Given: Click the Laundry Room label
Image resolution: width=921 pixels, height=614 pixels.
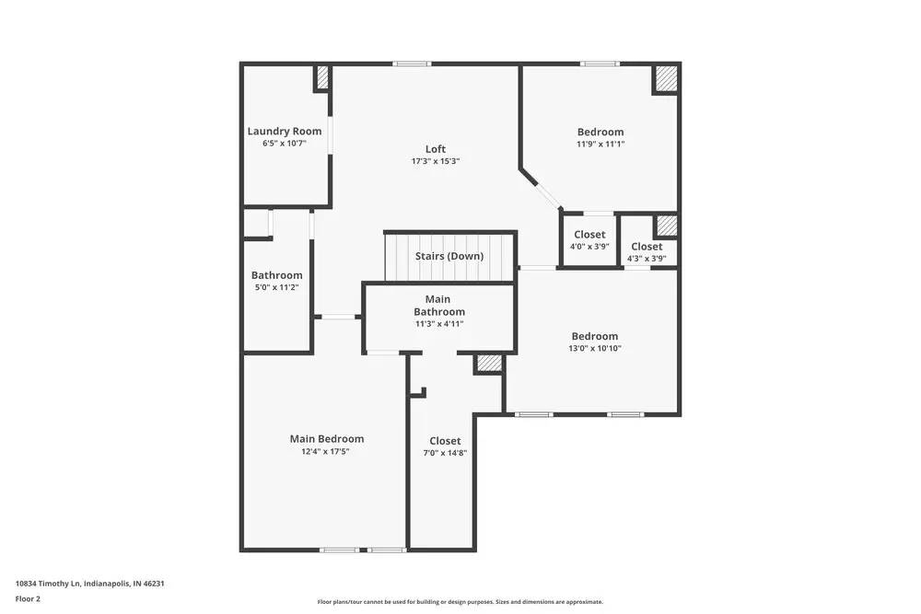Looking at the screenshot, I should [x=285, y=132].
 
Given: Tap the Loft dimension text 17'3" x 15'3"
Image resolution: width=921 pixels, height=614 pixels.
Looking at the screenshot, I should [x=436, y=161].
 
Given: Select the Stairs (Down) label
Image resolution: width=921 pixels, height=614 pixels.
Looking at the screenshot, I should [x=449, y=256].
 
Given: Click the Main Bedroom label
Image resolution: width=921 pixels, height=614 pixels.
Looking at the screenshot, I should [x=327, y=439].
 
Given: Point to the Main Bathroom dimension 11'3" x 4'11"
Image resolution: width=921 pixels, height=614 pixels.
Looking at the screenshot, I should [x=438, y=324].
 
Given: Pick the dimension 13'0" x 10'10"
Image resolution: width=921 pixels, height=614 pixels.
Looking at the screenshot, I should [x=595, y=348].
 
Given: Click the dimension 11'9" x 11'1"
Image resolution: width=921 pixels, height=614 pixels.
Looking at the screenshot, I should [x=600, y=144].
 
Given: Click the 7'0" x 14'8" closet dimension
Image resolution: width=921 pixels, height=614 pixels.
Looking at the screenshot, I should [x=445, y=452].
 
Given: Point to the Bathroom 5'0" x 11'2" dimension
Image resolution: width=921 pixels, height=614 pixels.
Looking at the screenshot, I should [x=276, y=287].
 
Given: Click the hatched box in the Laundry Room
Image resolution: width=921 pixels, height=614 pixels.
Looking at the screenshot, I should [x=322, y=78].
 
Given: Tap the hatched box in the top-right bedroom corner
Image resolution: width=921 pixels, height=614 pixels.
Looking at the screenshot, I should [x=666, y=79].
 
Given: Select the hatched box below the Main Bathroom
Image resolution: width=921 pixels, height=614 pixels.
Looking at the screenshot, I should [x=489, y=364].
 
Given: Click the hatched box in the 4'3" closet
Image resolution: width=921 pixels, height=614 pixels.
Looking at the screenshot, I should [x=666, y=226].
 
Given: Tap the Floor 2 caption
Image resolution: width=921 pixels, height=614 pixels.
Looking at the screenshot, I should [x=28, y=598].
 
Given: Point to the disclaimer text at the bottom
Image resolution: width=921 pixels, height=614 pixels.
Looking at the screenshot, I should [x=460, y=602].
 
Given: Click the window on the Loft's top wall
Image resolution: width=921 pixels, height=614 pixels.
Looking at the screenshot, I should [x=412, y=64].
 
